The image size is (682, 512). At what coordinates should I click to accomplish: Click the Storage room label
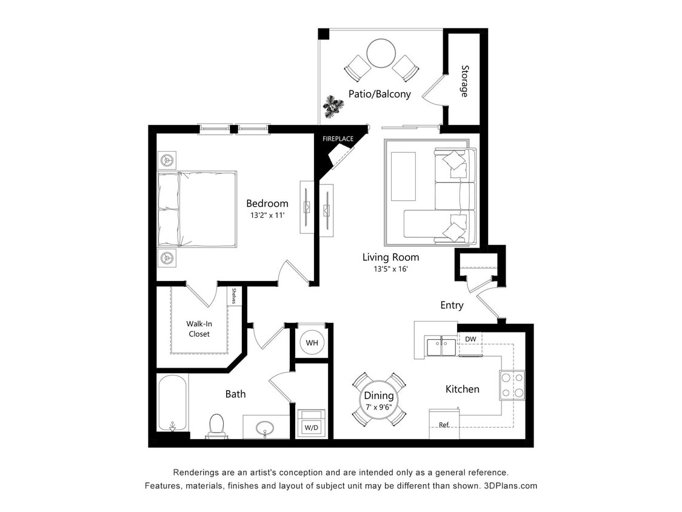[x=464, y=81]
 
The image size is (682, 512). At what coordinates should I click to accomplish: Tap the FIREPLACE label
[x=338, y=139]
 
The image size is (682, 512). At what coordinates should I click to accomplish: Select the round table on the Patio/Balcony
[x=381, y=53]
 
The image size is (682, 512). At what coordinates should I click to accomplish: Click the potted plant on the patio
[x=333, y=106]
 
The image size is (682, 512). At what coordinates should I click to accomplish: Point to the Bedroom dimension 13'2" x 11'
[x=267, y=215]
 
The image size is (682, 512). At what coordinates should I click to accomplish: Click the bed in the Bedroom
[x=197, y=209]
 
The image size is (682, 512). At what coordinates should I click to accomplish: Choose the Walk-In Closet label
[x=199, y=329]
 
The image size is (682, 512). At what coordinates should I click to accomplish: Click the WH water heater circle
[x=312, y=343]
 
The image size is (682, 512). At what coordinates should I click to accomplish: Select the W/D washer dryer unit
[x=311, y=423]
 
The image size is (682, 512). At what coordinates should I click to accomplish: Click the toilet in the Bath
[x=216, y=425]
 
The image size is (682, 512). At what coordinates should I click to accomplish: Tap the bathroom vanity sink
[x=266, y=429]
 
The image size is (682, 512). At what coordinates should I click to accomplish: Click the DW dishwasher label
[x=470, y=339]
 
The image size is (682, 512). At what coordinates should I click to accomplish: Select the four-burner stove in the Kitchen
[x=512, y=385]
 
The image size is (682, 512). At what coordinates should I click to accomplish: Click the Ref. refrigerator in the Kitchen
[x=444, y=424]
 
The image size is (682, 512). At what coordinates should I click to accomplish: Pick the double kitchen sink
[x=442, y=346]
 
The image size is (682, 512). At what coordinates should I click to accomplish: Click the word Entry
[x=452, y=305]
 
